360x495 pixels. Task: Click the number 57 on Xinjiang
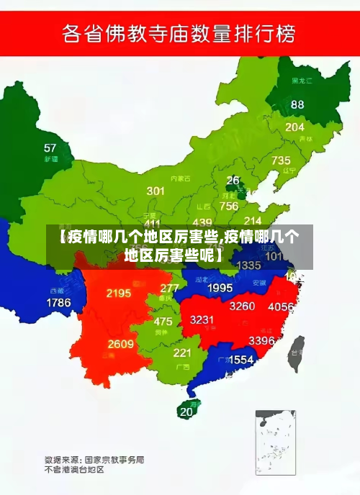tap(50, 148)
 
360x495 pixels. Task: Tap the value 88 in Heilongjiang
tap(297, 104)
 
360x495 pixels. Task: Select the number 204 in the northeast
tap(294, 127)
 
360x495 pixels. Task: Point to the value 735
tap(281, 160)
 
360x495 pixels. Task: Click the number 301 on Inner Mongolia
tap(156, 191)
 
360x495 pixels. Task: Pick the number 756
tap(229, 206)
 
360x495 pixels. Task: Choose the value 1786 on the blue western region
tap(59, 303)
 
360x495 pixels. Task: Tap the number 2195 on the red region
tap(118, 294)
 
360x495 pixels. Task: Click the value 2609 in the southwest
tap(120, 344)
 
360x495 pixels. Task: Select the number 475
tap(163, 322)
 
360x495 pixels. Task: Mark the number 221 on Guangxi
tap(182, 353)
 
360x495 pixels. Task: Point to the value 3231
tap(202, 319)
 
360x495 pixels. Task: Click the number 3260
tap(242, 306)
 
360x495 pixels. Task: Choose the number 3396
tap(261, 340)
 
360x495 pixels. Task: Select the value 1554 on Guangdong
tap(240, 359)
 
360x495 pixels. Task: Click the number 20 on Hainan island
tap(186, 412)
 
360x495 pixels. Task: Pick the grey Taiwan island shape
tap(295, 355)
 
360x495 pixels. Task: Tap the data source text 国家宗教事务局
tap(114, 458)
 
